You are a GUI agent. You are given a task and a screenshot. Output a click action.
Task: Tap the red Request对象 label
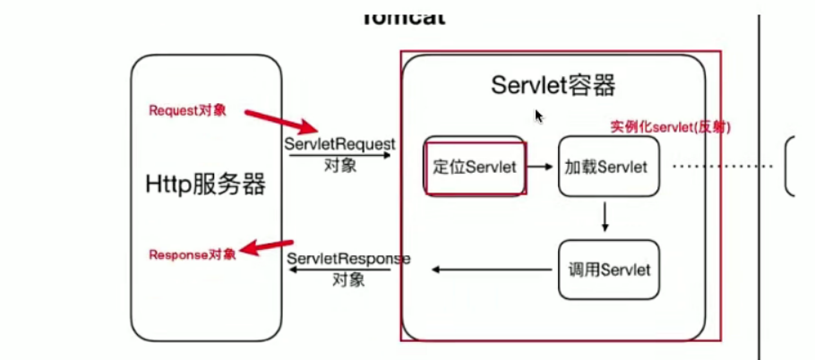(187, 111)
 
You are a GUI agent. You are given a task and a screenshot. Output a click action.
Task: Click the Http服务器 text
(206, 184)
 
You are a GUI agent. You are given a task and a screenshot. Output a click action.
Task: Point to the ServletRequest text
(340, 143)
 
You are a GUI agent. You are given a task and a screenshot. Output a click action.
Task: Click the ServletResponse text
(348, 259)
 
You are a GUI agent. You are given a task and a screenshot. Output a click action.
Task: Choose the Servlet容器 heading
(553, 86)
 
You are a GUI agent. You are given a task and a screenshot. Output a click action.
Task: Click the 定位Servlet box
(475, 167)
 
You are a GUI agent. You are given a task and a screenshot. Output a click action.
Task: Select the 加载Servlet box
(609, 167)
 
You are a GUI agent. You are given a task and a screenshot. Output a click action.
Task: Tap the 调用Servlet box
(609, 270)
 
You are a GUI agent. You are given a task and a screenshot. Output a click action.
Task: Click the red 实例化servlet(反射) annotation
(671, 127)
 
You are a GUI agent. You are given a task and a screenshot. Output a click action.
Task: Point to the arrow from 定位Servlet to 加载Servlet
(540, 167)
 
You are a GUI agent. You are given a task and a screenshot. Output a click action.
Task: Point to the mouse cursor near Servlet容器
(538, 116)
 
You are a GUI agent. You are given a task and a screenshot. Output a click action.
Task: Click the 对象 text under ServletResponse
(348, 279)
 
